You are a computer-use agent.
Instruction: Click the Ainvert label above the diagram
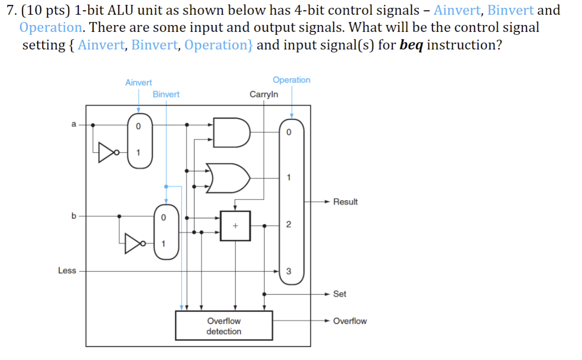point(139,83)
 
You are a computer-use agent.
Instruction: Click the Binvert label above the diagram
point(166,94)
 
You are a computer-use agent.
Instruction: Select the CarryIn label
point(264,94)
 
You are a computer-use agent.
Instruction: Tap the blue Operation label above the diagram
point(291,80)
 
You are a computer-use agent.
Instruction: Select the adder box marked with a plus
point(235,226)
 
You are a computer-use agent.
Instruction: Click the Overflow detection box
point(224,326)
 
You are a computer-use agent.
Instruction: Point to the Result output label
point(345,202)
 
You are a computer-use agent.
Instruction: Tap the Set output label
point(340,294)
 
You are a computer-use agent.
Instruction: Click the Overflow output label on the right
point(349,321)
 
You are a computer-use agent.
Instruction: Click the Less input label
point(67,270)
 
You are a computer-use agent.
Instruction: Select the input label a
point(74,125)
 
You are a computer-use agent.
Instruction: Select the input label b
point(74,216)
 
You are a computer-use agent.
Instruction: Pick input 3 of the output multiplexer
point(288,272)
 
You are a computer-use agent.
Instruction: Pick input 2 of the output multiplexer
point(288,225)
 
